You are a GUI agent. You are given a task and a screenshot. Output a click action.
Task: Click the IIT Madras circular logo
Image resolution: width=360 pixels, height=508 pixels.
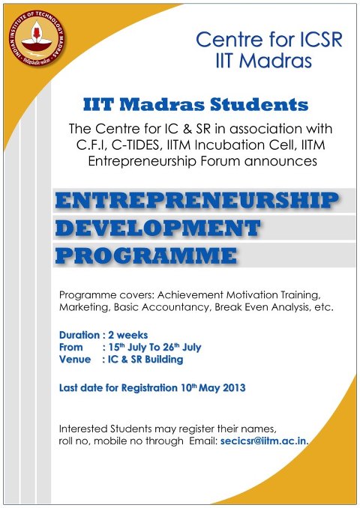(x=37, y=38)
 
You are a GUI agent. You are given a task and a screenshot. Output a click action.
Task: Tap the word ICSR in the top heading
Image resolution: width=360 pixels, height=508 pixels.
(x=320, y=39)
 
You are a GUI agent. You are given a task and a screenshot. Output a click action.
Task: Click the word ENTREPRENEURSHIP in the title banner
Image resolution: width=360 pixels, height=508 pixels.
(x=196, y=200)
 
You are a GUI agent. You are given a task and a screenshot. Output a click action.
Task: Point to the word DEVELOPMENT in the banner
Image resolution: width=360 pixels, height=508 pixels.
(x=158, y=228)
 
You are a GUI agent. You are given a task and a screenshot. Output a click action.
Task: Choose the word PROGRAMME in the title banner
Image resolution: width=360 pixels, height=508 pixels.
(x=146, y=255)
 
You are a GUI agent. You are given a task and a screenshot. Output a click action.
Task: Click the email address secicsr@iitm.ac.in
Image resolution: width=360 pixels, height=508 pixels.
(x=264, y=441)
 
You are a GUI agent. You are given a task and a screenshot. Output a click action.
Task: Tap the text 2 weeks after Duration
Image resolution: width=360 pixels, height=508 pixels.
(x=127, y=335)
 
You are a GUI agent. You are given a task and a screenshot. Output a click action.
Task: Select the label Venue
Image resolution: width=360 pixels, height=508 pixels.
(x=74, y=360)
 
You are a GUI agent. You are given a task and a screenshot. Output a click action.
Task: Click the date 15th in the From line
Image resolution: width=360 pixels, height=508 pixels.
(x=116, y=347)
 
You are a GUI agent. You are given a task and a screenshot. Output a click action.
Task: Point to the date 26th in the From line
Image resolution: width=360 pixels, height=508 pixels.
(x=171, y=347)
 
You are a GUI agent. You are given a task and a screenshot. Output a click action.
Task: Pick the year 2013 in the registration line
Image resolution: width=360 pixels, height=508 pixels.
(x=234, y=388)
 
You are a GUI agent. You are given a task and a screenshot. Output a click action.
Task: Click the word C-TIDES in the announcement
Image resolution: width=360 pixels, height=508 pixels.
(x=136, y=145)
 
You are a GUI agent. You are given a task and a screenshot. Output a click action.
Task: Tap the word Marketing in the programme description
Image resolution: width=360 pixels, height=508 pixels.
(x=85, y=307)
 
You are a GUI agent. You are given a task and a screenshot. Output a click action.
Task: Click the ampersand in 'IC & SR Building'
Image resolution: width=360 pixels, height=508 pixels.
(x=124, y=360)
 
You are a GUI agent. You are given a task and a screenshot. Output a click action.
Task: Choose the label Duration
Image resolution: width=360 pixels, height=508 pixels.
(x=79, y=335)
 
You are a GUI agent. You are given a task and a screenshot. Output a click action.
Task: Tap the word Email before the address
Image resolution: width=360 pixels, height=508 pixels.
(x=203, y=441)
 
